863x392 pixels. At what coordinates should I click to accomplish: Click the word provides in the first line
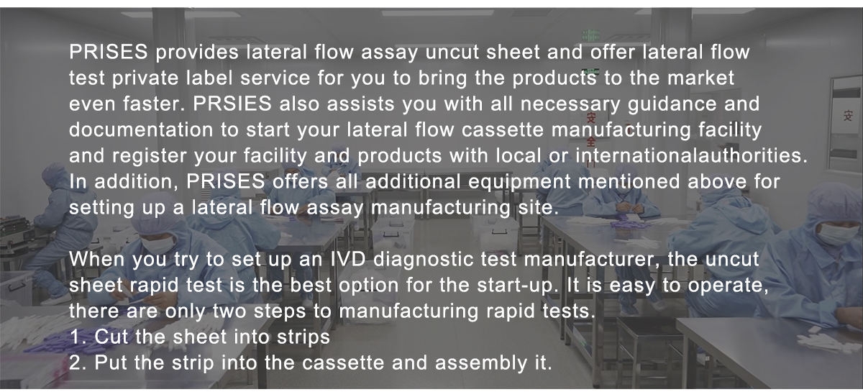click(x=197, y=53)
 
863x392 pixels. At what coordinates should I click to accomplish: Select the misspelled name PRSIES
click(x=232, y=104)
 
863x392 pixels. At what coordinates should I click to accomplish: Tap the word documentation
click(x=141, y=129)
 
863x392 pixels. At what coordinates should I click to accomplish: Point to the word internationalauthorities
click(x=691, y=155)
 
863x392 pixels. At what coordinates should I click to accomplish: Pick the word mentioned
click(x=629, y=181)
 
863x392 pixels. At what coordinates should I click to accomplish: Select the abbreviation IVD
click(x=348, y=259)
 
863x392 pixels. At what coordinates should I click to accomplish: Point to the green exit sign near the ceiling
click(x=590, y=36)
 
